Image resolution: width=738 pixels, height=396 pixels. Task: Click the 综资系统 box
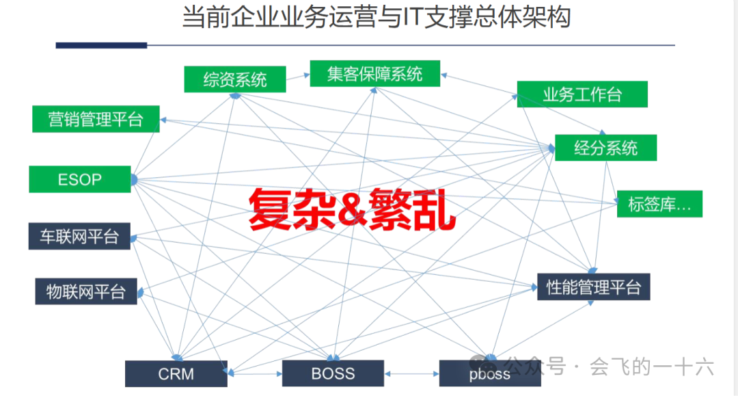(x=235, y=79)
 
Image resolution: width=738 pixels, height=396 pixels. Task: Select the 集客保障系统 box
(x=374, y=74)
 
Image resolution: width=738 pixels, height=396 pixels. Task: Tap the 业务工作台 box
(x=582, y=94)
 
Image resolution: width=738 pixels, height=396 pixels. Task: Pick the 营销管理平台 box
(x=96, y=119)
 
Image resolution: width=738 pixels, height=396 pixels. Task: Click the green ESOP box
(x=79, y=179)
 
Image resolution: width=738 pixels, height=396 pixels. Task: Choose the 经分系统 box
(x=605, y=148)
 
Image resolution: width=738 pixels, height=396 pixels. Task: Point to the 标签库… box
(x=659, y=204)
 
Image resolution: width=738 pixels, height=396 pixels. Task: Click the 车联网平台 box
(x=79, y=236)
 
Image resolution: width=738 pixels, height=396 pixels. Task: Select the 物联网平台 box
(x=86, y=291)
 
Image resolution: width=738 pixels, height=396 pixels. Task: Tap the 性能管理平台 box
(x=593, y=287)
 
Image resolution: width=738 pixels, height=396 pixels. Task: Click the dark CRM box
(x=176, y=374)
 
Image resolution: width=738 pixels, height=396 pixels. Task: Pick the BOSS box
(x=333, y=373)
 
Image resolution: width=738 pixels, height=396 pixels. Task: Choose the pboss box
(x=489, y=374)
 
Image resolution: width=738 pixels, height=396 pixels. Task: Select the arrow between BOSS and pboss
(x=411, y=374)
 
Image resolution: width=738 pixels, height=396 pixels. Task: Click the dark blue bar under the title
(x=101, y=46)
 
